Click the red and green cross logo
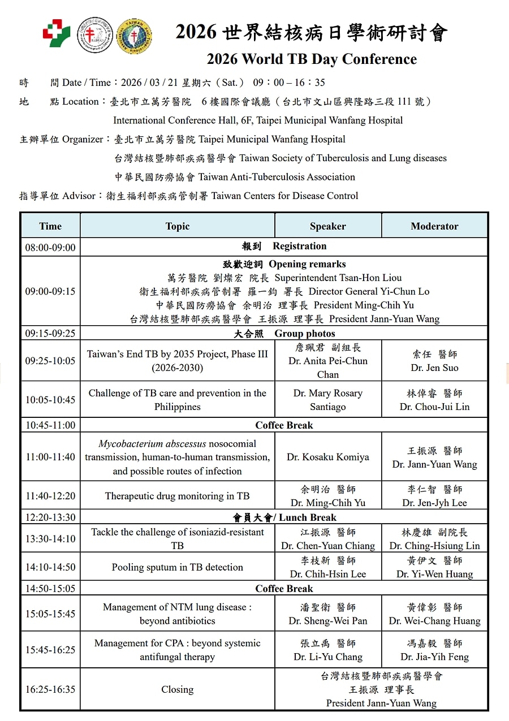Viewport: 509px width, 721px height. [57, 33]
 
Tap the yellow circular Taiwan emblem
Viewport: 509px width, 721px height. [133, 36]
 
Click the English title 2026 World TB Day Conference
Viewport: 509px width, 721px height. [312, 59]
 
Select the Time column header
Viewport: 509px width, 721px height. [50, 226]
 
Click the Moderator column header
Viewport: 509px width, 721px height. [434, 226]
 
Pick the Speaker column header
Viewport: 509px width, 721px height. [328, 226]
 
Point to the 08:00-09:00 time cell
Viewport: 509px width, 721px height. [50, 247]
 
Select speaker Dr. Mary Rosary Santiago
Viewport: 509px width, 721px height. [328, 400]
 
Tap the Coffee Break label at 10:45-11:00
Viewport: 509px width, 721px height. [284, 425]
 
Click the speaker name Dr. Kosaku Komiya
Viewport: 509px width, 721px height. [328, 457]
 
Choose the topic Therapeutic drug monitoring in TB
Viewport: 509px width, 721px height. [177, 496]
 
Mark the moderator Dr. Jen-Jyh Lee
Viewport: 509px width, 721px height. [434, 503]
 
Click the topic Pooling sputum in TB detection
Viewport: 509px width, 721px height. [177, 567]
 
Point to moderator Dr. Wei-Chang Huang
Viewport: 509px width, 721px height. [434, 621]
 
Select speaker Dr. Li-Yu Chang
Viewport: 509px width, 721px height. [328, 657]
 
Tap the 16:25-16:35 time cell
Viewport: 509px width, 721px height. [50, 689]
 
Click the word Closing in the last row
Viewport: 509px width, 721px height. [177, 689]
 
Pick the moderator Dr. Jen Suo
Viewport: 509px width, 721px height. [434, 368]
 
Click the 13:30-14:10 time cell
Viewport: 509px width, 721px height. [50, 539]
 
